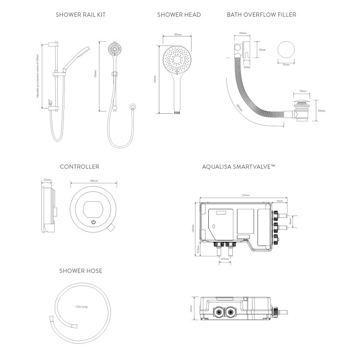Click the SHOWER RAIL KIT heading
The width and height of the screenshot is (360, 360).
click(x=81, y=15)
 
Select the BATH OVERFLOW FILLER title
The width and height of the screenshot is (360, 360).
click(x=262, y=15)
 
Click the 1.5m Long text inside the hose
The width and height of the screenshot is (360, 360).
click(x=81, y=306)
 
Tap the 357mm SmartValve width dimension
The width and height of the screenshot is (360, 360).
click(x=246, y=196)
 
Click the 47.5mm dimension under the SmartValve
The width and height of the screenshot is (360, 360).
click(x=224, y=259)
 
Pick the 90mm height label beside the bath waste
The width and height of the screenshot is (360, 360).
click(x=322, y=111)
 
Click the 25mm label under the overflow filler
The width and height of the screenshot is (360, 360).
click(x=246, y=68)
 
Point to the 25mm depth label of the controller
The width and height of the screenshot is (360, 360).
click(x=47, y=181)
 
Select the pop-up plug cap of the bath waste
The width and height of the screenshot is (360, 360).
click(x=303, y=102)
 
